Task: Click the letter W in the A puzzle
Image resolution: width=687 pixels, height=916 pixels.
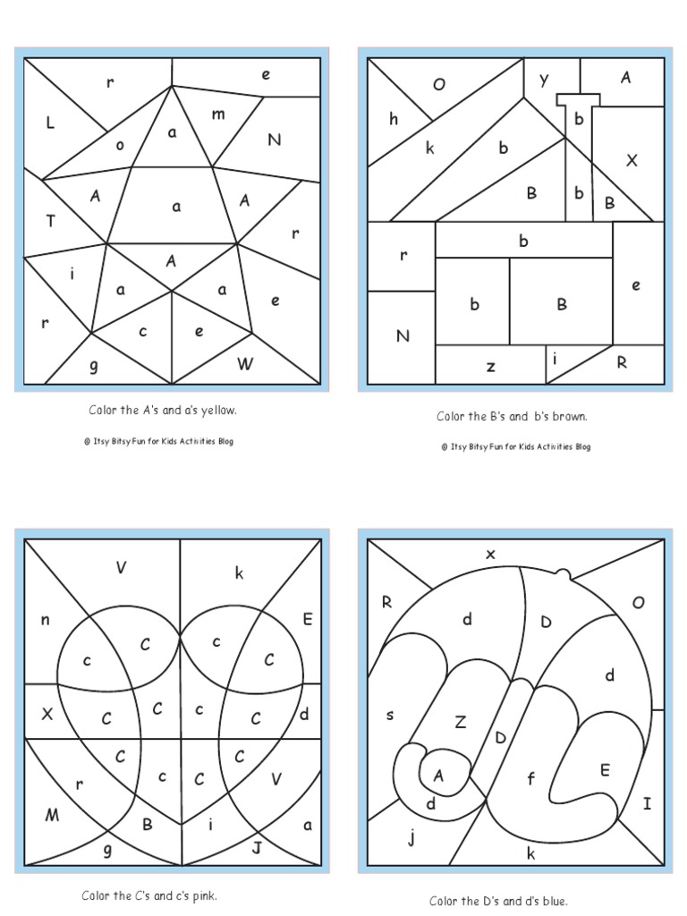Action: [x=245, y=363]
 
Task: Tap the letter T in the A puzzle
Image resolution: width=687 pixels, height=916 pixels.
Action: [x=50, y=222]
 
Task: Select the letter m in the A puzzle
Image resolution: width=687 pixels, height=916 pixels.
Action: [x=218, y=114]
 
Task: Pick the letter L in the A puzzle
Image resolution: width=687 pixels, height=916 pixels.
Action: [x=50, y=124]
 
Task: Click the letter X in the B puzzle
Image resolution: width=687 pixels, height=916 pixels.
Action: [x=632, y=160]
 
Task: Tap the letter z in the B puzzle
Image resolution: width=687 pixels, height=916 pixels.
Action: [x=490, y=366]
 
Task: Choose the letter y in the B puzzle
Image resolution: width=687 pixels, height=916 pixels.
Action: [x=543, y=81]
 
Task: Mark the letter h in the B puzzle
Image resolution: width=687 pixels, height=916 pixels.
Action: [x=394, y=119]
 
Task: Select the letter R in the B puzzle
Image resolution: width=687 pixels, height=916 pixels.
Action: [x=622, y=362]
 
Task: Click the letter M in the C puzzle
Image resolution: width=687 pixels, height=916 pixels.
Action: [x=52, y=814]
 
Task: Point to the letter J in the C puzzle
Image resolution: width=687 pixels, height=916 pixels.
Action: [x=257, y=846]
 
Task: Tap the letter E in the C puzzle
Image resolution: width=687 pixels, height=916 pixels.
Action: [x=308, y=619]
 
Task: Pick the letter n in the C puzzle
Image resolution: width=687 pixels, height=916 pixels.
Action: [x=45, y=619]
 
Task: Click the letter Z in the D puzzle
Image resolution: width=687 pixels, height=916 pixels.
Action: [x=461, y=721]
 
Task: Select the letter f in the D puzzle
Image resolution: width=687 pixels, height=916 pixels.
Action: [x=530, y=778]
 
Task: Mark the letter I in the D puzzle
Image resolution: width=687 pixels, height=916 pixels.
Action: [x=647, y=803]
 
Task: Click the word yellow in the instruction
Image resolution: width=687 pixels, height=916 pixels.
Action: [x=220, y=411]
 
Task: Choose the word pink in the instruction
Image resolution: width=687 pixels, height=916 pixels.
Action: [x=204, y=895]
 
